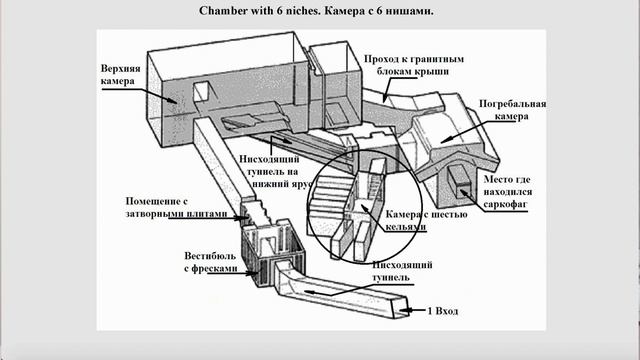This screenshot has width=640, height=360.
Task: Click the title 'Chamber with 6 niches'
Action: click(x=259, y=11)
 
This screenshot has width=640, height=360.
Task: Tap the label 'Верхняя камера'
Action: click(x=120, y=74)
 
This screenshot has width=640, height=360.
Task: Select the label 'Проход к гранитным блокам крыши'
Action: click(x=414, y=65)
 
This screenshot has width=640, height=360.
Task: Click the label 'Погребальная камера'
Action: click(x=512, y=110)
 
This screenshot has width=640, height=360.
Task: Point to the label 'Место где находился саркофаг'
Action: click(x=507, y=191)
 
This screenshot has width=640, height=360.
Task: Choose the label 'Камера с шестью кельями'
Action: click(x=427, y=220)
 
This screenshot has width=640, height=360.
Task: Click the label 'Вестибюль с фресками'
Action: click(x=210, y=262)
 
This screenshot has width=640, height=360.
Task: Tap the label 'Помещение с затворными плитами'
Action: click(x=176, y=207)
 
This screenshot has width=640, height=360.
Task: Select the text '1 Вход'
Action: click(x=442, y=311)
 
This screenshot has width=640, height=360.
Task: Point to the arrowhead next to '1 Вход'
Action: click(x=404, y=311)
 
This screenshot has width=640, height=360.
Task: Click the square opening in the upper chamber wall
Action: click(x=201, y=91)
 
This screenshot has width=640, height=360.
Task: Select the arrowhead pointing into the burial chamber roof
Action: click(x=445, y=140)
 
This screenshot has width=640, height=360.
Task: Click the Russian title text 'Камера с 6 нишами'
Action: click(x=379, y=11)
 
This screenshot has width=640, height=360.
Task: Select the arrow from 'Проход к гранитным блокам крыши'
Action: click(x=386, y=89)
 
